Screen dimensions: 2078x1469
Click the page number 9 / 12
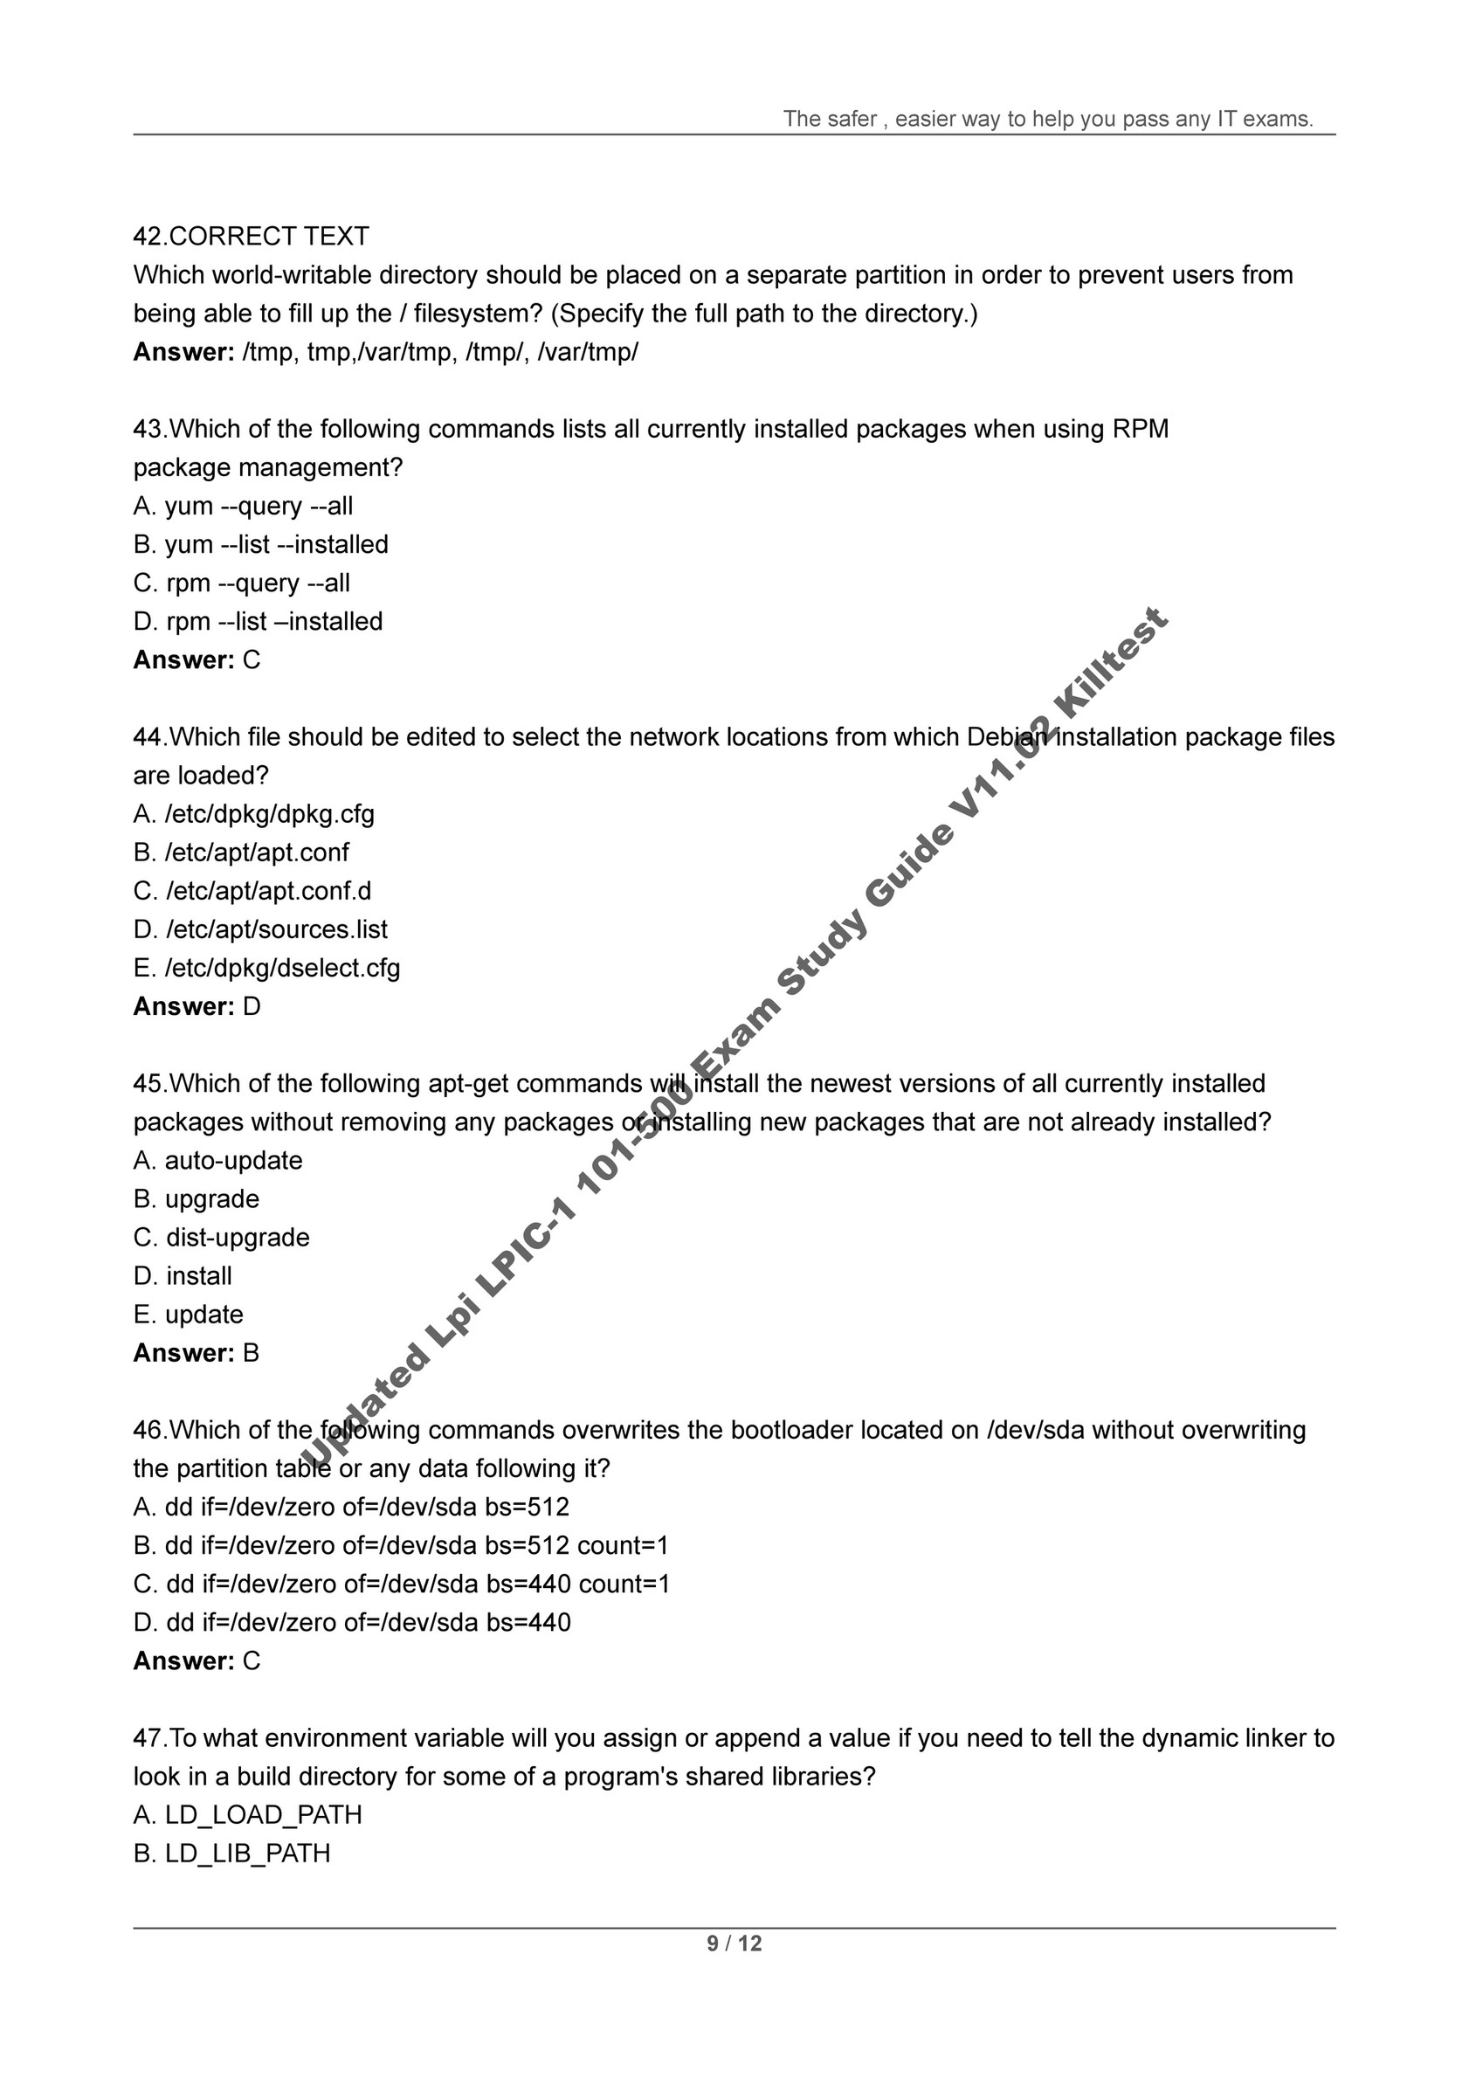click(x=734, y=1943)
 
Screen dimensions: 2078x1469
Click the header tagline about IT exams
click(x=1047, y=119)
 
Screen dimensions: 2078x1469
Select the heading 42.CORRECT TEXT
click(x=251, y=236)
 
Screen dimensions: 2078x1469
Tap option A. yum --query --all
click(x=243, y=506)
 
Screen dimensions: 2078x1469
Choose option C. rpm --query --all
click(x=242, y=583)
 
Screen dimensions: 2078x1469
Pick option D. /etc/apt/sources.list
click(x=260, y=929)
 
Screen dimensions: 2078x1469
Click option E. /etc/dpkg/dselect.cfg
click(x=266, y=968)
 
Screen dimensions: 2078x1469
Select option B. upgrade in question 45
click(x=197, y=1198)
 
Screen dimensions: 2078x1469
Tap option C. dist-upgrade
click(x=221, y=1237)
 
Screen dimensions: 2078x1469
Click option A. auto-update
click(x=218, y=1160)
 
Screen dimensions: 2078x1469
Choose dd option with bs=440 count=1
click(x=401, y=1584)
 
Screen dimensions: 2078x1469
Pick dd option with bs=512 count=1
click(x=400, y=1545)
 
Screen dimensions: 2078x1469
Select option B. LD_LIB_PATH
click(x=231, y=1854)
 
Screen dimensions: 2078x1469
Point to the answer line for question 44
click(x=197, y=1006)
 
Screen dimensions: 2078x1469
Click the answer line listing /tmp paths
click(x=385, y=352)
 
